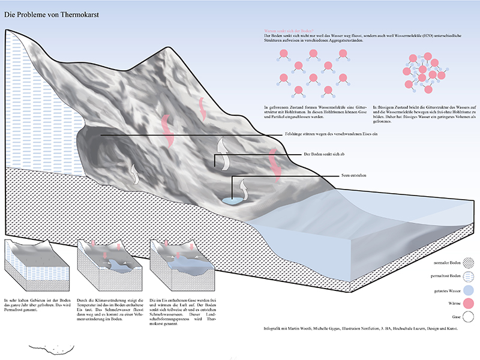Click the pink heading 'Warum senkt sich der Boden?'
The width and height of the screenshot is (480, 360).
click(x=289, y=31)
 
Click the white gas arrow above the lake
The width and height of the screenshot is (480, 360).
click(x=243, y=185)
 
